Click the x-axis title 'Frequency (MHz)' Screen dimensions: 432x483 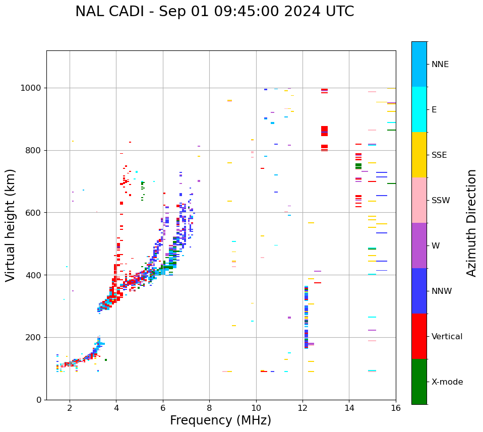tap(220, 420)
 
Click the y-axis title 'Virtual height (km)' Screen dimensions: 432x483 tap(11, 225)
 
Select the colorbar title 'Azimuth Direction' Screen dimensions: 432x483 tap(471, 223)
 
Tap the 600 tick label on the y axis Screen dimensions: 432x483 tap(35, 213)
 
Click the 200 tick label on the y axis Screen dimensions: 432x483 tap(35, 337)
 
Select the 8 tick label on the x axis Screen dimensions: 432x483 tap(209, 408)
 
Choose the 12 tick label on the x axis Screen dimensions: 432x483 tap(303, 408)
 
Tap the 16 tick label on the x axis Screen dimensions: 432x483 tap(396, 408)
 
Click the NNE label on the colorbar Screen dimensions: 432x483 tap(440, 65)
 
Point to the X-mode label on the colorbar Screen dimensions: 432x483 tap(447, 382)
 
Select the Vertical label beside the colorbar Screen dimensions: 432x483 tap(447, 337)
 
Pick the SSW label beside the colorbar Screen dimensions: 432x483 tap(441, 201)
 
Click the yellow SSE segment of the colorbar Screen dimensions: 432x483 tap(419, 155)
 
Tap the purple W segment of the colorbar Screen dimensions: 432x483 tap(419, 245)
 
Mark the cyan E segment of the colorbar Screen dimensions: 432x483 tap(419, 109)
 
